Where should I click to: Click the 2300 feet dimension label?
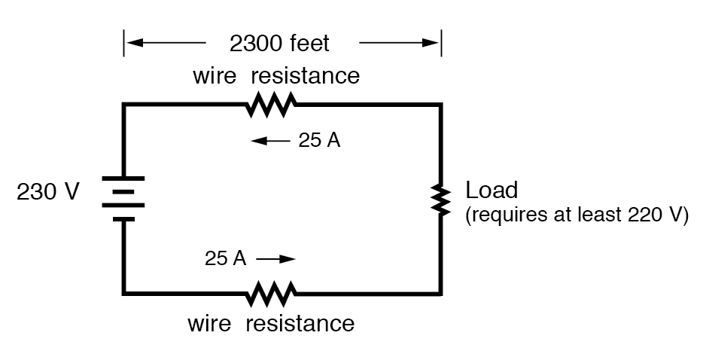pyautogui.click(x=279, y=44)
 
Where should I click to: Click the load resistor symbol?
pyautogui.click(x=440, y=199)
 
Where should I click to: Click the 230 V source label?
pyautogui.click(x=47, y=193)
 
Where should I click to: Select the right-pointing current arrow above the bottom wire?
pyautogui.click(x=275, y=259)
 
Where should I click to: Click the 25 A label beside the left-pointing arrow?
pyautogui.click(x=320, y=142)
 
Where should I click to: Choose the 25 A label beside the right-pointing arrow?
pyautogui.click(x=225, y=258)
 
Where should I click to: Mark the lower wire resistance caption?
pyautogui.click(x=270, y=324)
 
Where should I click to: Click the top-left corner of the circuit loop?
pyautogui.click(x=124, y=105)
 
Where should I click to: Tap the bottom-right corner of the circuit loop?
pyautogui.click(x=440, y=292)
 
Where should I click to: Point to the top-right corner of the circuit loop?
pyautogui.click(x=440, y=105)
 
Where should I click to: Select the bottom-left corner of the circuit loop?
pyautogui.click(x=124, y=292)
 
